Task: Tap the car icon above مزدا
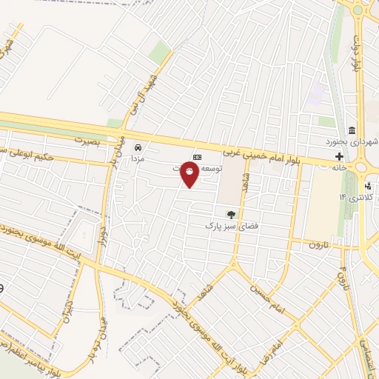[137, 147]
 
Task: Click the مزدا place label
[137, 158]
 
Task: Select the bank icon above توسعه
[197, 157]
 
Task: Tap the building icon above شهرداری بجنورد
[352, 130]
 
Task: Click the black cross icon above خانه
[339, 156]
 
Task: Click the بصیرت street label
[87, 138]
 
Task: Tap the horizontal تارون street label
[318, 244]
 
